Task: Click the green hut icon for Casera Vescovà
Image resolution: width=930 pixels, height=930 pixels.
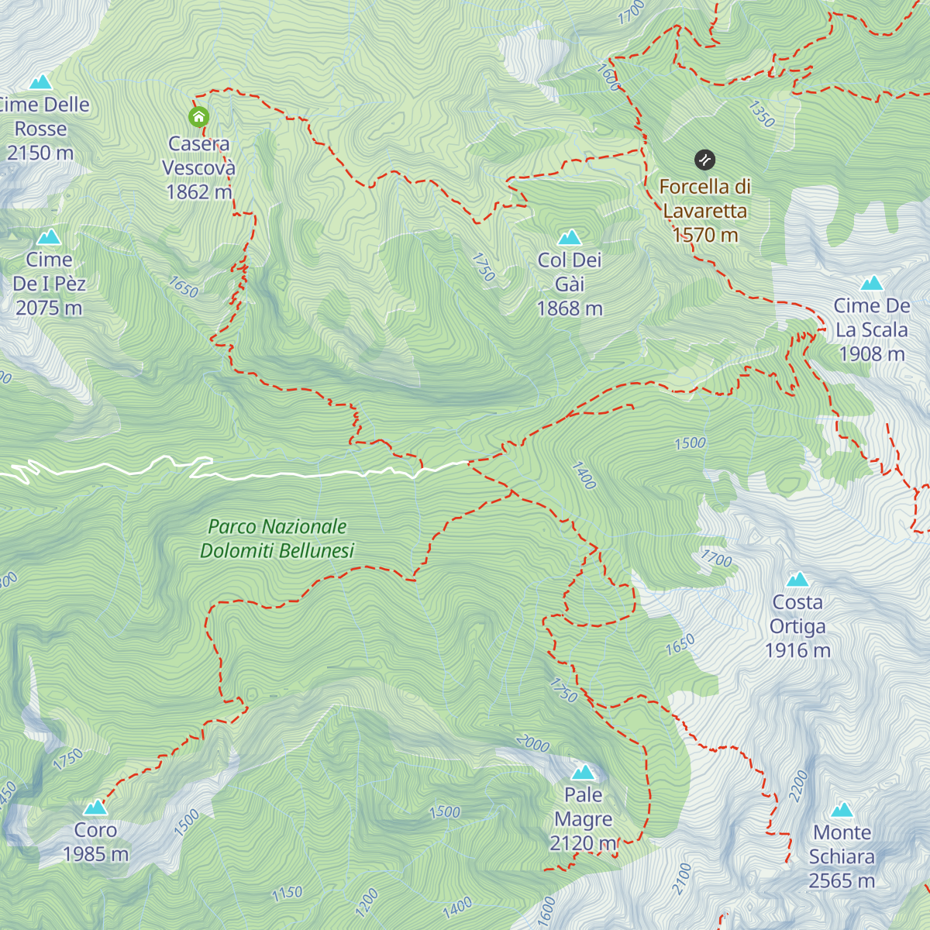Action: [198, 117]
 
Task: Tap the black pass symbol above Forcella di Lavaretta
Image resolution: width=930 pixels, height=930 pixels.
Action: [704, 160]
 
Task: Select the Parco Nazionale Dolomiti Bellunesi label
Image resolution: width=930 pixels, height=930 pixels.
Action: [277, 539]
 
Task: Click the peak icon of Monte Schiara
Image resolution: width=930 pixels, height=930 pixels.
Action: [842, 811]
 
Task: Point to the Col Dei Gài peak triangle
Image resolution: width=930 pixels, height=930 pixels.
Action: [570, 236]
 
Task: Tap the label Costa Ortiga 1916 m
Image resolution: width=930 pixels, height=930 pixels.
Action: [797, 626]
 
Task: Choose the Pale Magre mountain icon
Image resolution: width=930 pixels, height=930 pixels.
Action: [583, 772]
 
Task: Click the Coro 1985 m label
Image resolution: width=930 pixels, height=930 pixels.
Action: [95, 842]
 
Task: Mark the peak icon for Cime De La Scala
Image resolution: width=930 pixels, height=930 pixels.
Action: [872, 284]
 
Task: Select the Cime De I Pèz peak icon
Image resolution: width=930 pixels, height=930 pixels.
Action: [49, 236]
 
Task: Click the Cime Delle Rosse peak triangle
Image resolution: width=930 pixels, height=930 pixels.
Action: [40, 82]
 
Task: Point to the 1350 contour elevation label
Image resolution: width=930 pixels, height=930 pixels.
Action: [761, 113]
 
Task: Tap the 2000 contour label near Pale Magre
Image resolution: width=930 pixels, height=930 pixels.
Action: [532, 744]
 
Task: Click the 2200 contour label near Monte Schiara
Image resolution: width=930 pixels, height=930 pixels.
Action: [798, 786]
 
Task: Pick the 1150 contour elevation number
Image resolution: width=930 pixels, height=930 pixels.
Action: [287, 893]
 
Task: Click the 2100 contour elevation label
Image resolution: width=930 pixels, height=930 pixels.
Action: [682, 879]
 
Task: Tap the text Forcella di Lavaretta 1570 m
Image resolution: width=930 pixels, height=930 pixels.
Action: [704, 211]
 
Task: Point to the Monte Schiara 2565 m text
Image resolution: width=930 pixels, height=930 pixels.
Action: [842, 856]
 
